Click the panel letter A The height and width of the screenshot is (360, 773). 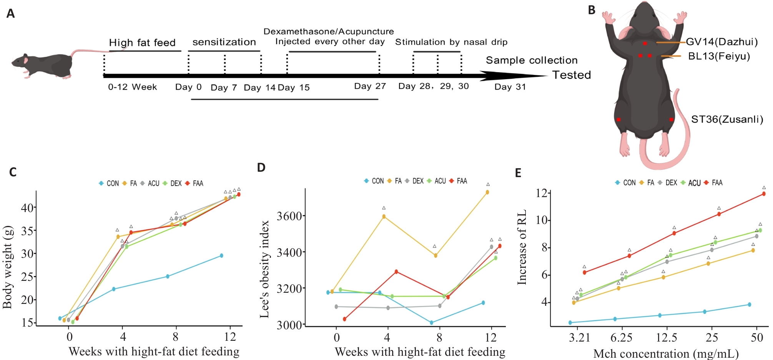tap(10, 14)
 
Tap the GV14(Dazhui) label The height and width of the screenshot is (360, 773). tap(721, 42)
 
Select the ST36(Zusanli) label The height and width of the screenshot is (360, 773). tap(727, 119)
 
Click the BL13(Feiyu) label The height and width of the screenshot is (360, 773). tap(719, 56)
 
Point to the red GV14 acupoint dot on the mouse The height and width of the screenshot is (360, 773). tap(645, 43)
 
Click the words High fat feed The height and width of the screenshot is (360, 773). tap(142, 43)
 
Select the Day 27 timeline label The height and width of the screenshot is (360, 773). tap(370, 86)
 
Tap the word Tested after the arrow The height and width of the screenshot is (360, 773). tap(572, 75)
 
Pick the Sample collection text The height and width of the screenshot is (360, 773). tap(532, 60)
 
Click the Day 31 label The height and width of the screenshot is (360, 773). tap(510, 87)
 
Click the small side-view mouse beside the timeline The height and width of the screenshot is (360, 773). tap(42, 65)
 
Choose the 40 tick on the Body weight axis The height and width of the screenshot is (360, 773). tap(28, 208)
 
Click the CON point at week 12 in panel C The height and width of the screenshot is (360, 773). tap(221, 255)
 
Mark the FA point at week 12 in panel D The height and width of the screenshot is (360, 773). tap(487, 192)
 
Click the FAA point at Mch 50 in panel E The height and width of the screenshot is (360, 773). tap(763, 194)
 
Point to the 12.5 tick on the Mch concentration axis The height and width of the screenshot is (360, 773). tap(667, 338)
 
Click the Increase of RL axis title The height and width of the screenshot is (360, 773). tap(522, 247)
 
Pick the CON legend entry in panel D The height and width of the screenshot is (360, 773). tap(374, 181)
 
